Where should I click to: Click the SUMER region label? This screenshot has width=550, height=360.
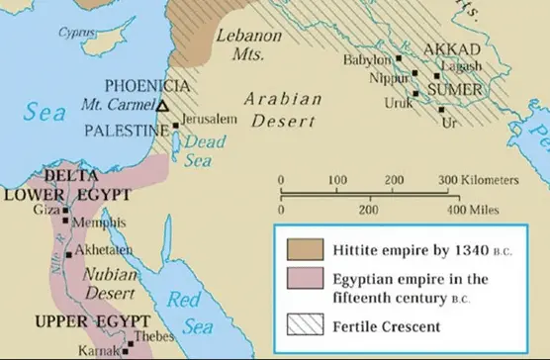click(x=454, y=91)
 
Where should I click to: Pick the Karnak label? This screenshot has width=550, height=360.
click(x=101, y=350)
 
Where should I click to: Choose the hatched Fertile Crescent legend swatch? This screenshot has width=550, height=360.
click(x=304, y=324)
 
